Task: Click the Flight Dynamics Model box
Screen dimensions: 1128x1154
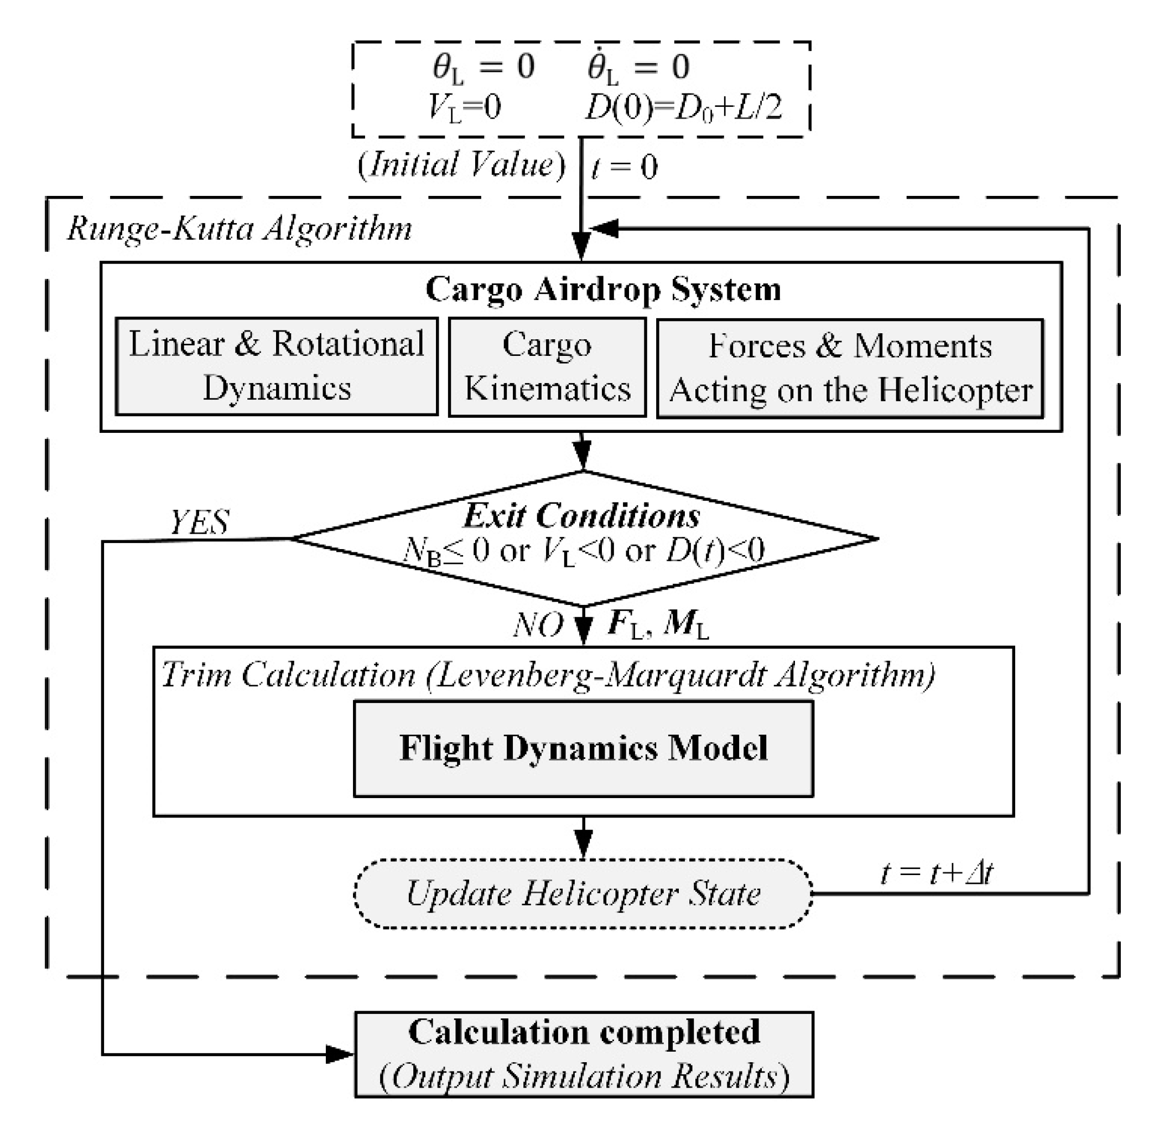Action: click(583, 749)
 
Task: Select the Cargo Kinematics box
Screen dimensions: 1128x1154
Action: click(547, 368)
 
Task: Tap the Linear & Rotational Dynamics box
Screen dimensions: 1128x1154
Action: click(277, 366)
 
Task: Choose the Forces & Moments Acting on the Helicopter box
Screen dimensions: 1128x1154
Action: click(850, 368)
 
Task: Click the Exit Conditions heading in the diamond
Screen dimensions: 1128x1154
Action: click(581, 516)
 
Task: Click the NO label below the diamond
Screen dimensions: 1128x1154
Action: click(538, 625)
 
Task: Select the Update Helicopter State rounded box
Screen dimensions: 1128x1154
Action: click(583, 893)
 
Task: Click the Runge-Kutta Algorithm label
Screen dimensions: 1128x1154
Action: click(240, 229)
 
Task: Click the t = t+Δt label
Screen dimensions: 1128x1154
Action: click(937, 873)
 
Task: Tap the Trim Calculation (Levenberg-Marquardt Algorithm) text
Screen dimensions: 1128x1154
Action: click(548, 675)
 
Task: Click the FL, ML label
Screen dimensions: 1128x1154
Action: click(658, 625)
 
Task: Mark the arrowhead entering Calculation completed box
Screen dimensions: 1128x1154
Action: click(340, 1054)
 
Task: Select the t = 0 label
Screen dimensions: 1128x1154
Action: click(624, 167)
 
